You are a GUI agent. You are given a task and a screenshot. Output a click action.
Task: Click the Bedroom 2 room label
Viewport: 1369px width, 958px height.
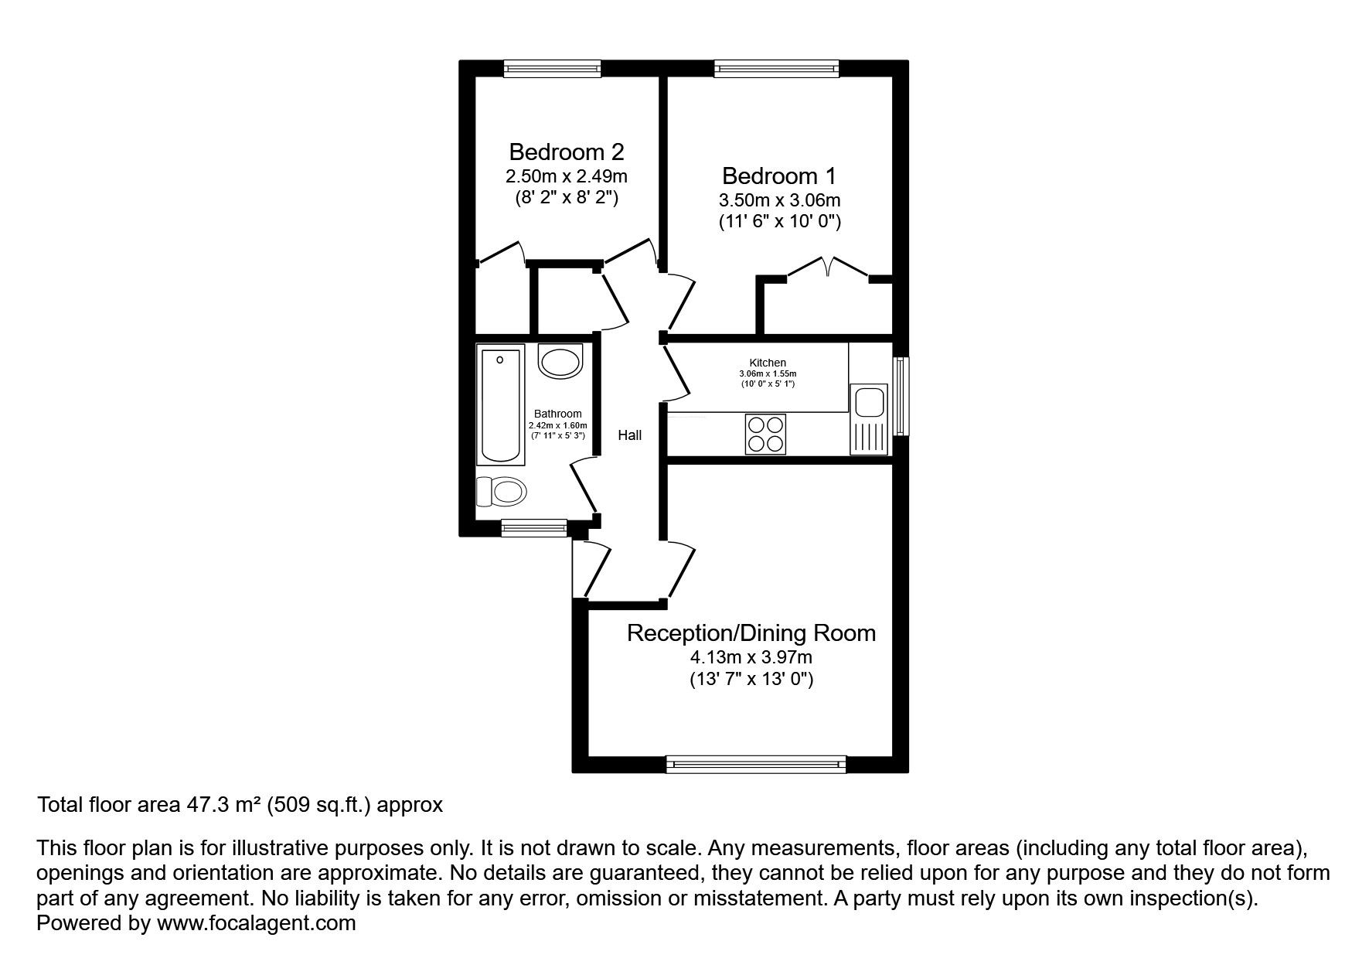click(566, 152)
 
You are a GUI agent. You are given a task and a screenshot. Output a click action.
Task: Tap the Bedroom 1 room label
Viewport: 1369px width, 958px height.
click(779, 176)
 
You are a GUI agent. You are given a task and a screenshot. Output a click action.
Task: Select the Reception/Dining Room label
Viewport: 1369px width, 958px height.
click(751, 633)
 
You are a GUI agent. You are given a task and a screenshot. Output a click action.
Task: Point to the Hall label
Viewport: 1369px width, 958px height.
click(630, 435)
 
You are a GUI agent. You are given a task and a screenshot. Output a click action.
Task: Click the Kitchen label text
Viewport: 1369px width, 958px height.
click(768, 363)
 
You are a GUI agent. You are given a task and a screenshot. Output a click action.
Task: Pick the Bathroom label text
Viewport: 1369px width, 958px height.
click(558, 414)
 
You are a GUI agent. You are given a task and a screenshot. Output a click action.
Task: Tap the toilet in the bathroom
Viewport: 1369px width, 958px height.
click(502, 491)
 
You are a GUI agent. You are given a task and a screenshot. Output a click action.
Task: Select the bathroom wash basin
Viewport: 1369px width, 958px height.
click(560, 361)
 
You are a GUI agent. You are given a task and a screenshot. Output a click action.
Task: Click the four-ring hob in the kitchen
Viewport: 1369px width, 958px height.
click(765, 434)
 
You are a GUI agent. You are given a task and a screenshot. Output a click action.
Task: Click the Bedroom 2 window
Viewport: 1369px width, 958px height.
click(553, 69)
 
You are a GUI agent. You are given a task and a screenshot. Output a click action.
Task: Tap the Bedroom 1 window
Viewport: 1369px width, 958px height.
click(777, 69)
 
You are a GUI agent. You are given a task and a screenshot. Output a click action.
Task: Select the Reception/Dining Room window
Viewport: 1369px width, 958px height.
click(757, 765)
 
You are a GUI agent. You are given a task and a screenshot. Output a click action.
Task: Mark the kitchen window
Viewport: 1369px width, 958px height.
click(901, 396)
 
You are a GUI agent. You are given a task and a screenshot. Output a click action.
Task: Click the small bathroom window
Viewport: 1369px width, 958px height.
click(534, 528)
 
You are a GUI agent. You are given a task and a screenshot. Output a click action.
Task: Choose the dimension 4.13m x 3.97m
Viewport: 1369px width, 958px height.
click(751, 658)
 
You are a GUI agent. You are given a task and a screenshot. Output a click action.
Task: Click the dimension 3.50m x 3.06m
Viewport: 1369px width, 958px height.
click(780, 200)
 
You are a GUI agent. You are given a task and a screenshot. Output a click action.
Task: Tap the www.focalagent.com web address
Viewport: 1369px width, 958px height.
click(256, 923)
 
